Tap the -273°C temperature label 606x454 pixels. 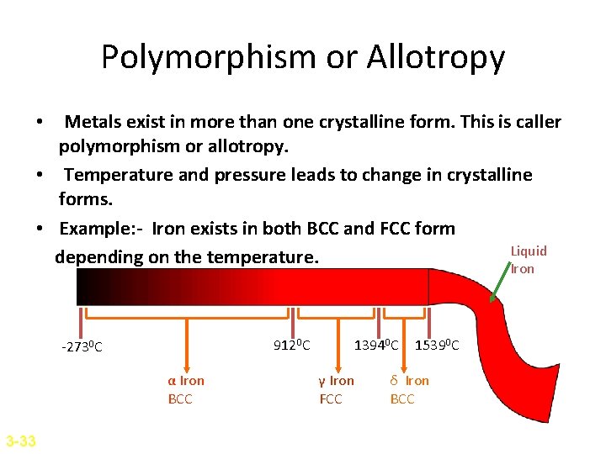click(82, 347)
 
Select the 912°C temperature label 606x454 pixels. click(292, 344)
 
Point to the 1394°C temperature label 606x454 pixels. click(376, 344)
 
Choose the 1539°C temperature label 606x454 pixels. click(437, 344)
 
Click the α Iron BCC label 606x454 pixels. click(185, 389)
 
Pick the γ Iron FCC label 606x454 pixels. click(335, 389)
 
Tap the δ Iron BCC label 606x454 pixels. click(408, 389)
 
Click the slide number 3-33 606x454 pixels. click(20, 440)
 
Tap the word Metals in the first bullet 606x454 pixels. click(93, 122)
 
